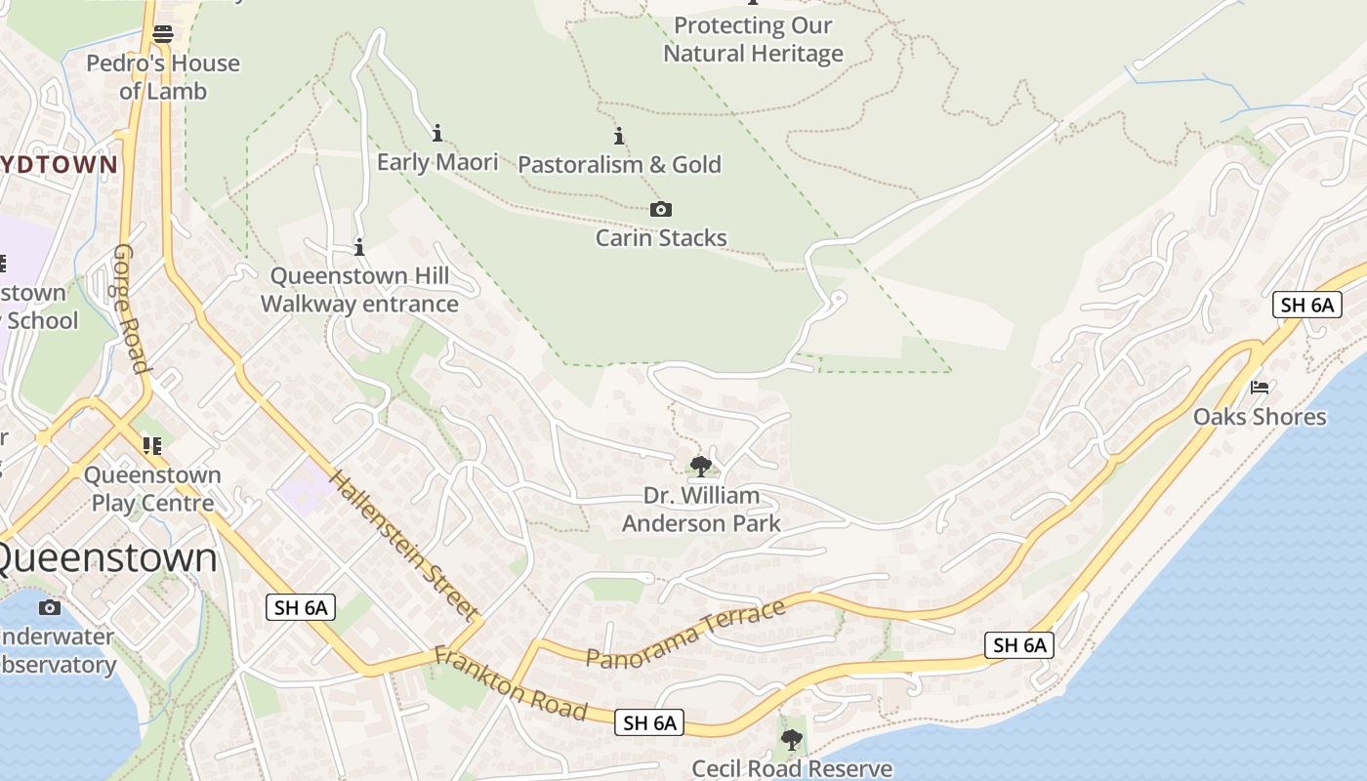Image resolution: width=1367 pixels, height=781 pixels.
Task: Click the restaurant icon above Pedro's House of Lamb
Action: coord(163,34)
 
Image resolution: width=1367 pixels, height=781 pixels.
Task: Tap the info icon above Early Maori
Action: coord(437,133)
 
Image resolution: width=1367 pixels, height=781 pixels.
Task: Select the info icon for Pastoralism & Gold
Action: coord(618,136)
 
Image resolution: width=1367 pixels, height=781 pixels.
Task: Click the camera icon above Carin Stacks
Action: coord(661,209)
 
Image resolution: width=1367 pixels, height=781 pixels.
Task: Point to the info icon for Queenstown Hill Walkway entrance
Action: coord(359,247)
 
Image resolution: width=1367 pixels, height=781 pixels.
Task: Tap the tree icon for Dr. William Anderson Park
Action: coord(700,467)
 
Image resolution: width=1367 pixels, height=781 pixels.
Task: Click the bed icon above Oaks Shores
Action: coord(1260,388)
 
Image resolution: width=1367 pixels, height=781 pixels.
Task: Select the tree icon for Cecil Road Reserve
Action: coord(792,740)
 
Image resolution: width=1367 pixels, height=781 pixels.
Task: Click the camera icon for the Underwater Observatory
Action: coord(49,608)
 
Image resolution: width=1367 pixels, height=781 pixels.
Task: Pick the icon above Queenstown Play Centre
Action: coord(151,446)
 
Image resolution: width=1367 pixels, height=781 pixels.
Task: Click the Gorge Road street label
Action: coord(131,308)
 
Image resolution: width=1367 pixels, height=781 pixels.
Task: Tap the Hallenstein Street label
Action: coord(404,545)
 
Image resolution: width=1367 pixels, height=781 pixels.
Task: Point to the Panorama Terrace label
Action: coord(685,634)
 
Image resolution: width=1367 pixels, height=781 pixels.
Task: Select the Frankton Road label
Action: coord(511,683)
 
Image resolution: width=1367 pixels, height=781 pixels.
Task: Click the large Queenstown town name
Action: coord(105,557)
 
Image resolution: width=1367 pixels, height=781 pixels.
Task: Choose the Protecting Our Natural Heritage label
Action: coord(753,39)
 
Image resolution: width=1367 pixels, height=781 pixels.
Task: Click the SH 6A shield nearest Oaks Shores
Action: coord(1307,305)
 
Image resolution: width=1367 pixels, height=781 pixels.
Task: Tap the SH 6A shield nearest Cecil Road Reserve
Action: coord(649,722)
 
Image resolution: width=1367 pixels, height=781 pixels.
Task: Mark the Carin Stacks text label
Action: coord(661,237)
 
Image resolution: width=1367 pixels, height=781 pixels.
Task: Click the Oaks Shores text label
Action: coord(1260,417)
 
